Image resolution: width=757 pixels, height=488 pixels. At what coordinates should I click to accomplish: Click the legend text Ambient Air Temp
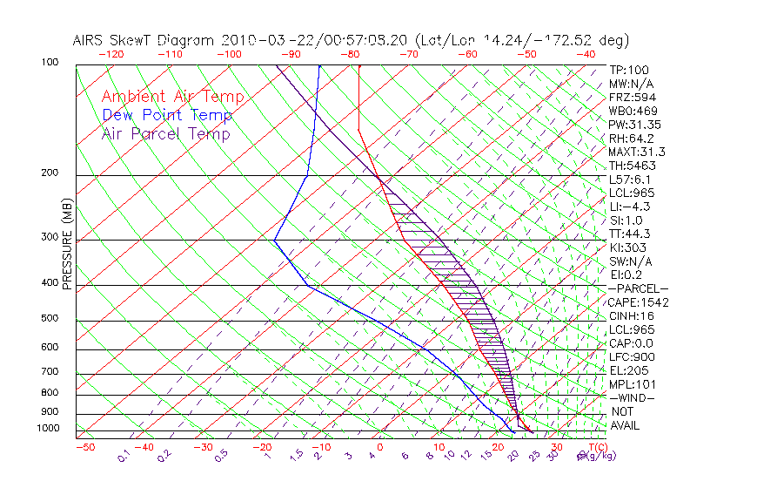pyautogui.click(x=172, y=97)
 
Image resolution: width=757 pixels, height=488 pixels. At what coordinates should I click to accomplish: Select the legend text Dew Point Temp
pyautogui.click(x=167, y=115)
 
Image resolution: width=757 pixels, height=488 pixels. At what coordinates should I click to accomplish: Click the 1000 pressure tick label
pyautogui.click(x=49, y=428)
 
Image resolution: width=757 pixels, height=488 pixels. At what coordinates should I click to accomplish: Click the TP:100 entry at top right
pyautogui.click(x=628, y=70)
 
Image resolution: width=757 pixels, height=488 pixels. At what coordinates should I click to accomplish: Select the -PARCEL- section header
pyautogui.click(x=637, y=288)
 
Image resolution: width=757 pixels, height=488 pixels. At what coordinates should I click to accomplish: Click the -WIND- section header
pyautogui.click(x=632, y=398)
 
